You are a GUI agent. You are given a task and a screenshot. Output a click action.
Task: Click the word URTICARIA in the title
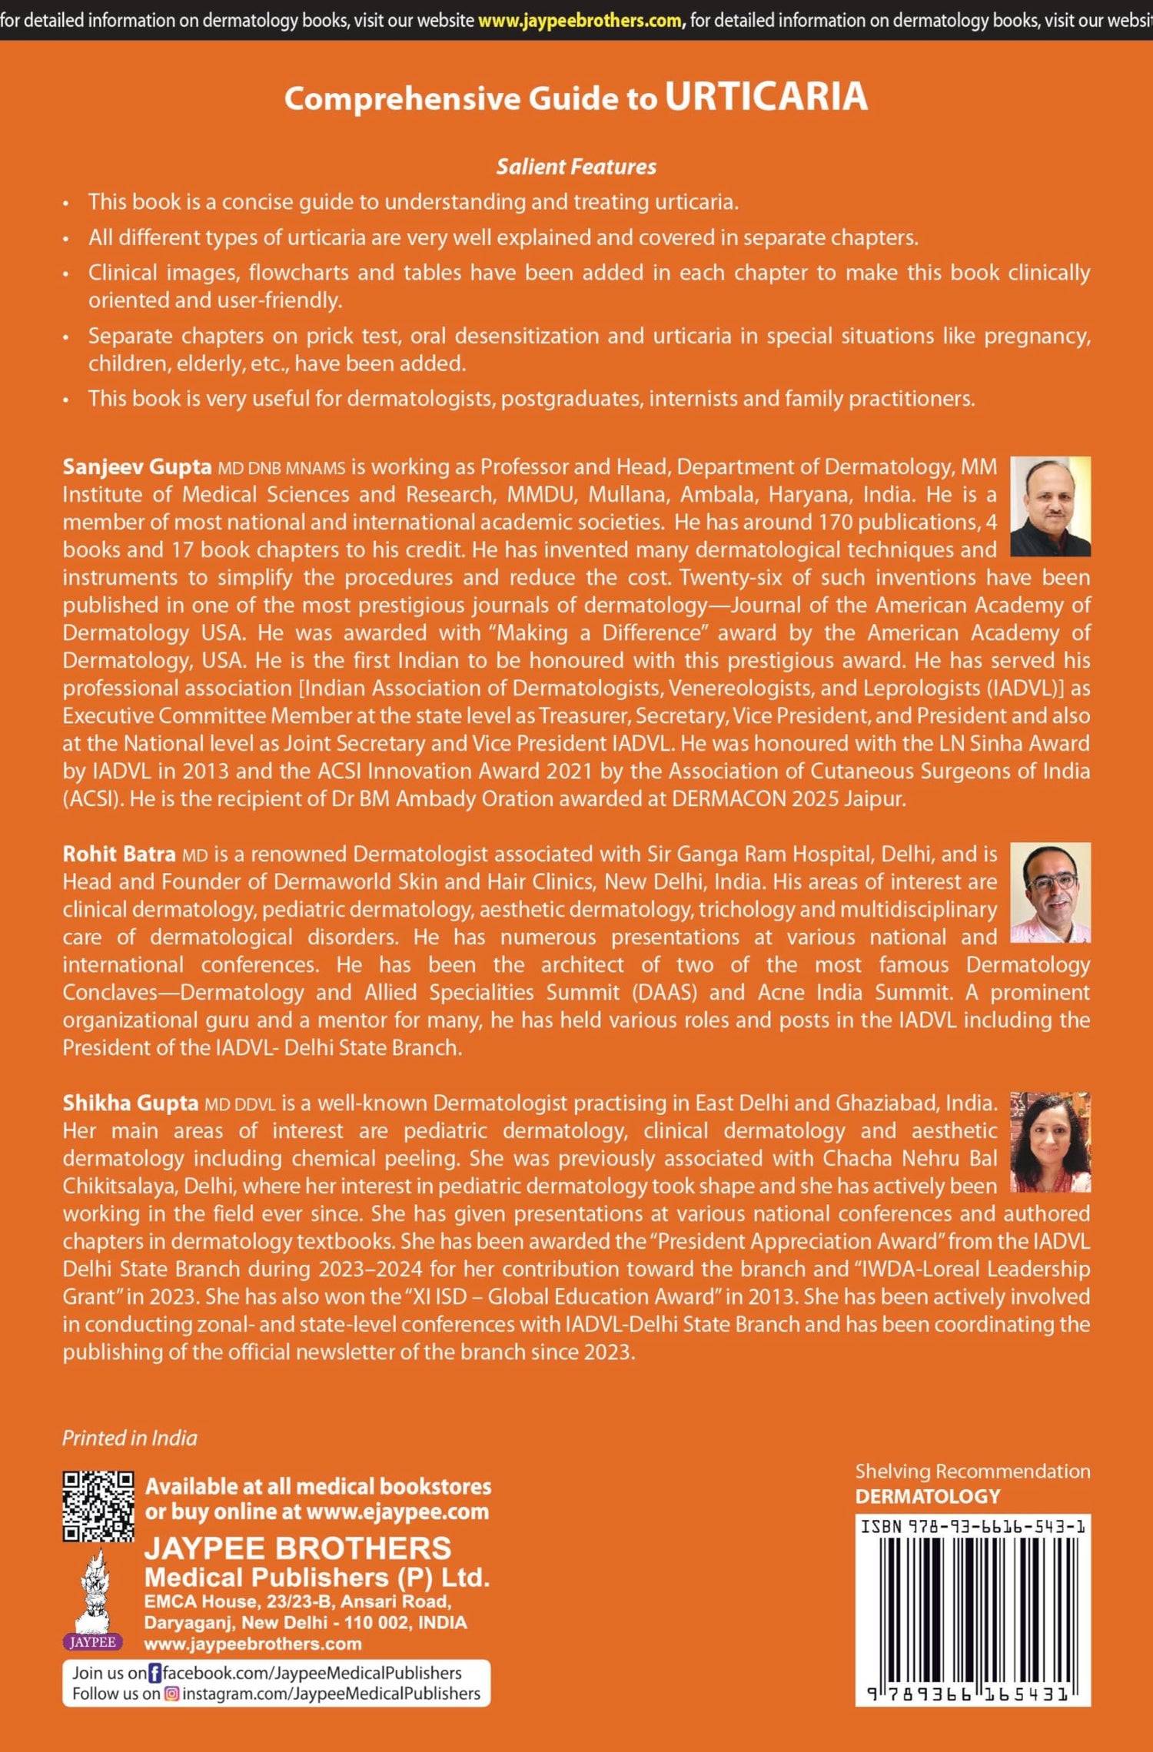[x=766, y=98]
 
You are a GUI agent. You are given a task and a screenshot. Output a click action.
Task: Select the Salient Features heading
[x=576, y=167]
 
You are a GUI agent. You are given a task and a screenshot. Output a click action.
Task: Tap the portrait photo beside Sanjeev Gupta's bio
[x=1049, y=506]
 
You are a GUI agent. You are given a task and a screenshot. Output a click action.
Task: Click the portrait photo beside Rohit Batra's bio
[x=1049, y=892]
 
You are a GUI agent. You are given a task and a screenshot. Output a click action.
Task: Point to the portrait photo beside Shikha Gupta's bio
[x=1049, y=1142]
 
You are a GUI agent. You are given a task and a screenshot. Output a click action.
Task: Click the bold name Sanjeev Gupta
[x=137, y=466]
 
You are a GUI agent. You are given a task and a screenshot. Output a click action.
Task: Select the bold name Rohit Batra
[x=119, y=854]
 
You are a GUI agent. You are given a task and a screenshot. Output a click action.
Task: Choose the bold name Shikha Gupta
[x=131, y=1103]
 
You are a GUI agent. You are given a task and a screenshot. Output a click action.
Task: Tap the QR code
[x=98, y=1506]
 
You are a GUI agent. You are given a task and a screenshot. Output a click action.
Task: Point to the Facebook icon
[x=155, y=1673]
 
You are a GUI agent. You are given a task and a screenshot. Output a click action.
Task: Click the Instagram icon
[x=172, y=1694]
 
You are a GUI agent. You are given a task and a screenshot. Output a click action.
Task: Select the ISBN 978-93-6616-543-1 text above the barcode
[x=972, y=1526]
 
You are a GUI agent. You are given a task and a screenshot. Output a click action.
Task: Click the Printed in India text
[x=130, y=1438]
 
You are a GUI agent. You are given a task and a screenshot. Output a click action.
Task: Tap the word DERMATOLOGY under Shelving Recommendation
[x=928, y=1496]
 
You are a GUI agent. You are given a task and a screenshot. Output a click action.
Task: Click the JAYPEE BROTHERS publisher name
[x=298, y=1548]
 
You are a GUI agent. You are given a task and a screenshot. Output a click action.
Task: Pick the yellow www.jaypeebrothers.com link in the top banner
[x=580, y=21]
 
